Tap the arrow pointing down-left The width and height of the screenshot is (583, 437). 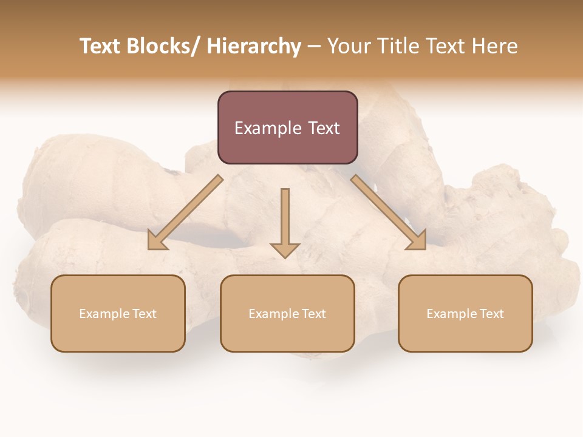185,212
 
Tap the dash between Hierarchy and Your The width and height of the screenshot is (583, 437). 314,46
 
